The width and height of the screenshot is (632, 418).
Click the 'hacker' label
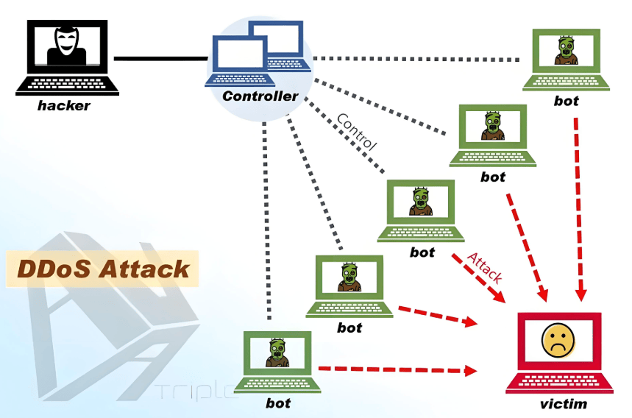pos(64,105)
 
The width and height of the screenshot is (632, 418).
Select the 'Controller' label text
pos(260,96)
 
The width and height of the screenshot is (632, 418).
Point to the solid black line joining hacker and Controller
pos(160,58)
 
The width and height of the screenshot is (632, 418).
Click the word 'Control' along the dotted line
pos(356,132)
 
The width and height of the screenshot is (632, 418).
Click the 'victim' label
pos(564,403)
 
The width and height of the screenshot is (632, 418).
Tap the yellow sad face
pos(558,340)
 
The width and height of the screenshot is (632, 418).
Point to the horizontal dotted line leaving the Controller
pos(419,58)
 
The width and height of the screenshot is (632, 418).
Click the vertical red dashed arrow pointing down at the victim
pos(580,206)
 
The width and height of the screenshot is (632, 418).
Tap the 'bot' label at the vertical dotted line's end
pos(277,403)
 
